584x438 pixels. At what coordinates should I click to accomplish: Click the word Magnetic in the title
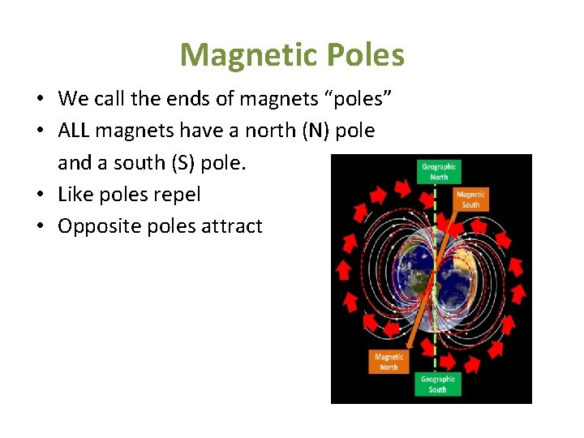pos(241,56)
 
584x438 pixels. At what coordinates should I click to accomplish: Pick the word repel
pos(176,195)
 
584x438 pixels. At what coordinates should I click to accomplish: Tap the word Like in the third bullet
pos(75,195)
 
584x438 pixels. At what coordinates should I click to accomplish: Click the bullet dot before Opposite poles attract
pos(40,226)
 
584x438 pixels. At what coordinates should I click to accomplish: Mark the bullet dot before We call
pos(40,99)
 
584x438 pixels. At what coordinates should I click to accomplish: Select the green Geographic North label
pos(439,171)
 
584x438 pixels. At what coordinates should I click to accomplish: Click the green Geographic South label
pos(437,384)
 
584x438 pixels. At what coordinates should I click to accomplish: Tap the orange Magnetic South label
pos(470,199)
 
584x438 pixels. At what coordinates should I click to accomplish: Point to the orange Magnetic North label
pos(389,362)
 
